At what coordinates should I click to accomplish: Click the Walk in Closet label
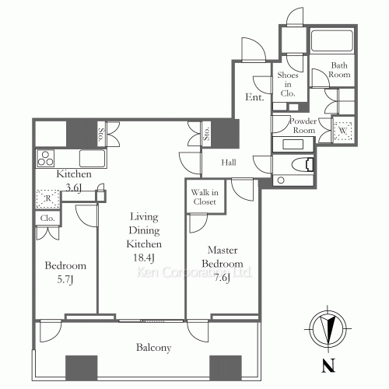204,198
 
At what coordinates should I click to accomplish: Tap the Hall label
228,163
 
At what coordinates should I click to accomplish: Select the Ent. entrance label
254,98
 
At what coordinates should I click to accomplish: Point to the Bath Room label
340,70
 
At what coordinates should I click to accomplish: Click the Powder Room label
302,126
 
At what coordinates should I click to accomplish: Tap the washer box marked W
342,131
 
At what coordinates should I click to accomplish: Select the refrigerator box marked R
47,199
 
